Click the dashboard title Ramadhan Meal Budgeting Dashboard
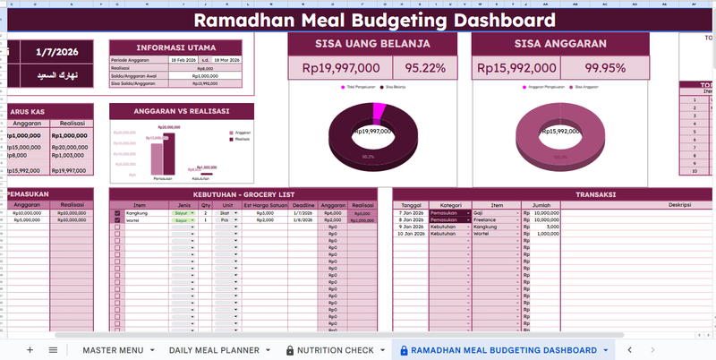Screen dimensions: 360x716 click(x=374, y=21)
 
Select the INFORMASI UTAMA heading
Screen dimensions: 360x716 click(x=181, y=47)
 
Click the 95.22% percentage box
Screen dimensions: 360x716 click(x=425, y=68)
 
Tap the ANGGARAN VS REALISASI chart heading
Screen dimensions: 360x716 click(x=181, y=111)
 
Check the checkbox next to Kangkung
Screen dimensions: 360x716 click(x=117, y=213)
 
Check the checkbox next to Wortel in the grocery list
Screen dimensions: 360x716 click(x=117, y=219)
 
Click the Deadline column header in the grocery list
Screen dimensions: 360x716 click(x=303, y=205)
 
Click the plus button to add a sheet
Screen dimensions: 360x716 click(x=30, y=350)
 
